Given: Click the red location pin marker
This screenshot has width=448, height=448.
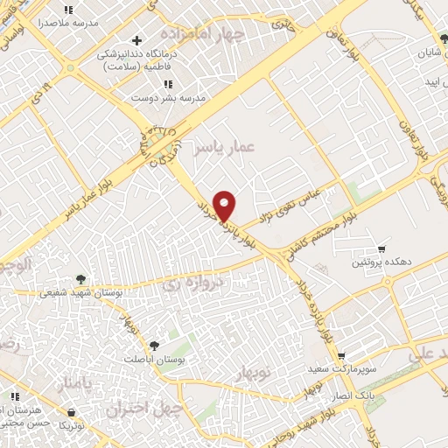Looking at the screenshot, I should (x=225, y=206).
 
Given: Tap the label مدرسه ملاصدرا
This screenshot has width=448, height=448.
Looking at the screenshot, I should (x=66, y=19).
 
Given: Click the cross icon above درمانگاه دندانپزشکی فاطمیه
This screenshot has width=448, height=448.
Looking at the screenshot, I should (x=136, y=40).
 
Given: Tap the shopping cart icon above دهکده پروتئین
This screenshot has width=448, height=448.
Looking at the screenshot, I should (x=381, y=248).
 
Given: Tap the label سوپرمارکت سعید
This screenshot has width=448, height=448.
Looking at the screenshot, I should (x=340, y=368).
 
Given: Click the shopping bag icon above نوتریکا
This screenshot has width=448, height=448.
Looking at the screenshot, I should (x=70, y=411).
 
